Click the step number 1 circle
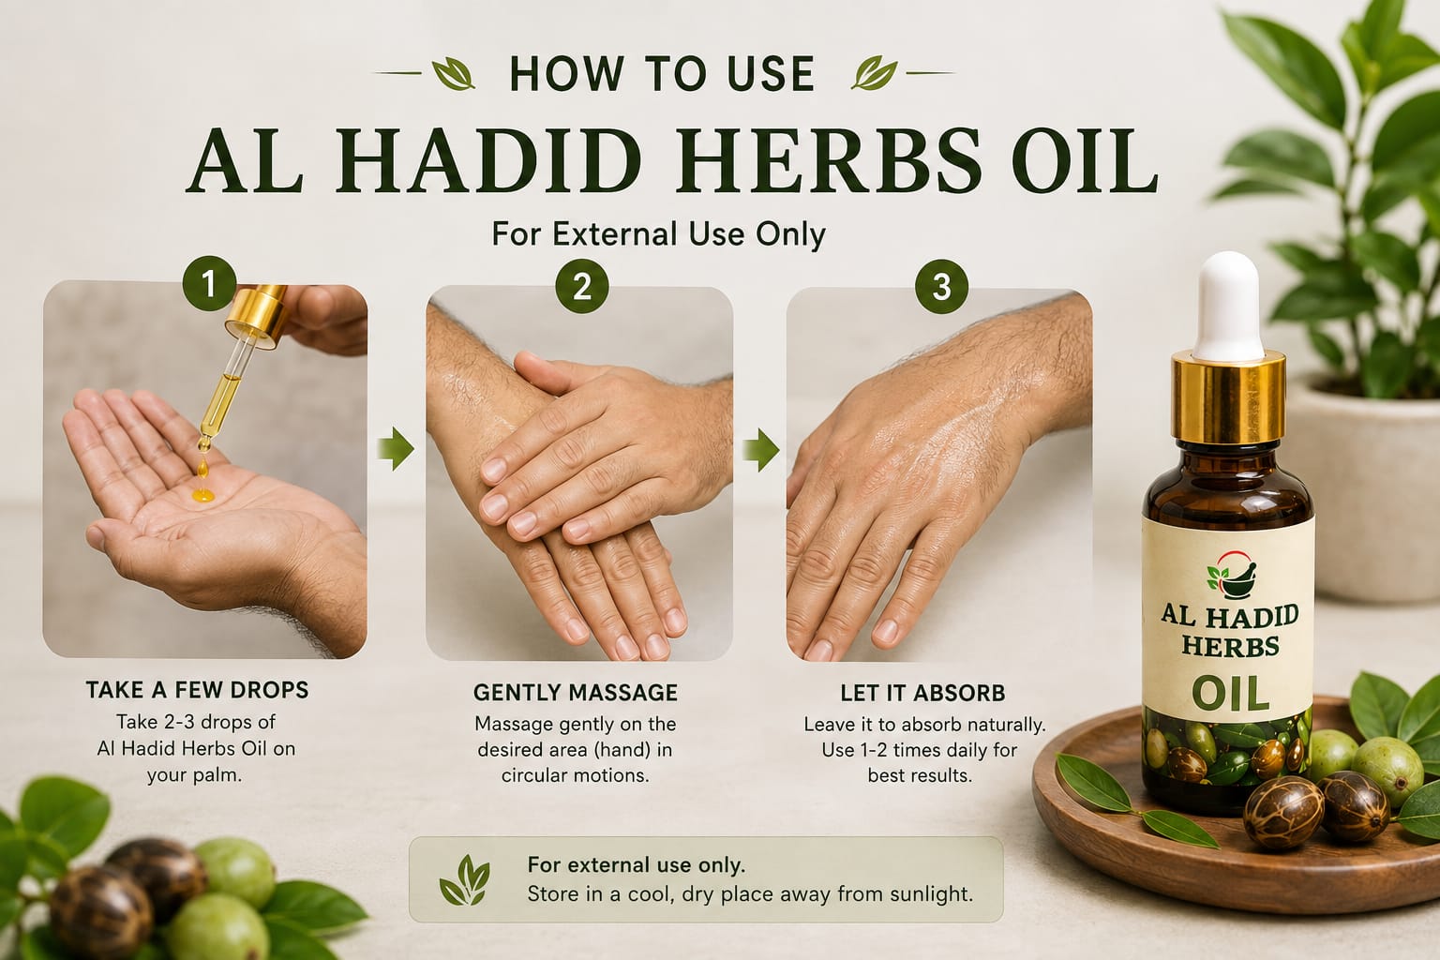pyautogui.click(x=208, y=283)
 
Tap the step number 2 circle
pyautogui.click(x=582, y=286)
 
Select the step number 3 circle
pyautogui.click(x=942, y=287)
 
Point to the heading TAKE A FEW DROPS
pyautogui.click(x=198, y=690)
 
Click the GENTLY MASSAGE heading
pyautogui.click(x=576, y=693)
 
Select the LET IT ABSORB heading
pyautogui.click(x=922, y=693)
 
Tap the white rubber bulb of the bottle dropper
pyautogui.click(x=1229, y=306)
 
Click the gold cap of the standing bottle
pyautogui.click(x=1228, y=398)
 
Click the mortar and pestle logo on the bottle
pyautogui.click(x=1232, y=575)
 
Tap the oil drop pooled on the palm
pyautogui.click(x=203, y=494)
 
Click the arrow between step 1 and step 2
pyautogui.click(x=396, y=448)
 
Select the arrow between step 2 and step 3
pyautogui.click(x=761, y=449)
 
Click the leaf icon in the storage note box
pyautogui.click(x=464, y=881)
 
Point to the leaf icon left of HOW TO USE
pyautogui.click(x=454, y=73)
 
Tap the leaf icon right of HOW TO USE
pyautogui.click(x=875, y=73)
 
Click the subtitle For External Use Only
pyautogui.click(x=658, y=234)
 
